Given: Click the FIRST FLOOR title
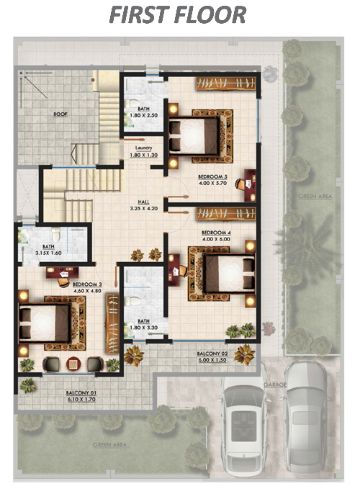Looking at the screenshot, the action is [178, 15].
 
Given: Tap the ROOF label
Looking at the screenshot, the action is [60, 114].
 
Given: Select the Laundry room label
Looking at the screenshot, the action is [144, 148].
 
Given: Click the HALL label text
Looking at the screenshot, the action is [144, 202].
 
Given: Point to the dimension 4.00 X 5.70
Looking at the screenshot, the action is [213, 183].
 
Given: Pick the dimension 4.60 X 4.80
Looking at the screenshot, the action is [87, 291].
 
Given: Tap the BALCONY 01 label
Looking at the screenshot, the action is [81, 393].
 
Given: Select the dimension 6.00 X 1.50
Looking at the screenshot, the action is [213, 360].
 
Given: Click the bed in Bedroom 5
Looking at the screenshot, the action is [194, 136].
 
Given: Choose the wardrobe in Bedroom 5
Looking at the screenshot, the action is [226, 84].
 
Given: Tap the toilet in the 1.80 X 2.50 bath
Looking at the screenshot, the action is [132, 104].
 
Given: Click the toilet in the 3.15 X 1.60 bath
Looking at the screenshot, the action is [56, 235].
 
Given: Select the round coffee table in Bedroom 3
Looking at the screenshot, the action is [73, 364].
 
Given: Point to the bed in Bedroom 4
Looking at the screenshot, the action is [229, 273].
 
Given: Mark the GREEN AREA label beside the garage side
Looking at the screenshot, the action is [315, 196].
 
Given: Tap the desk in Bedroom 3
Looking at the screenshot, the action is [63, 273].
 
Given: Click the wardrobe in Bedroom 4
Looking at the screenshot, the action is [226, 214].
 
